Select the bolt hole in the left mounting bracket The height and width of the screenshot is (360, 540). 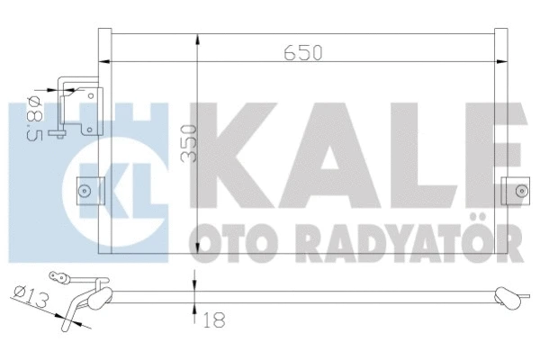pos(84,190)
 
